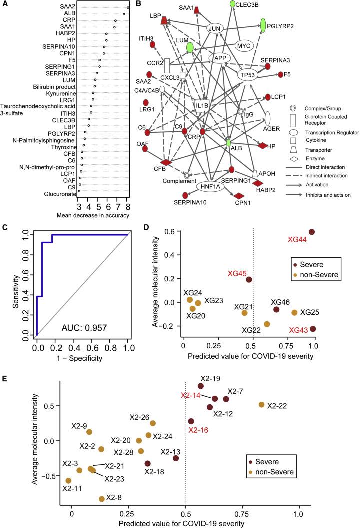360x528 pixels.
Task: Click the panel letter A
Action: [x=4, y=4]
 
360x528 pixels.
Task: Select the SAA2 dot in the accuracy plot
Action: [x=128, y=7]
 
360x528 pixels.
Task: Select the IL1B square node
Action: [x=202, y=106]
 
